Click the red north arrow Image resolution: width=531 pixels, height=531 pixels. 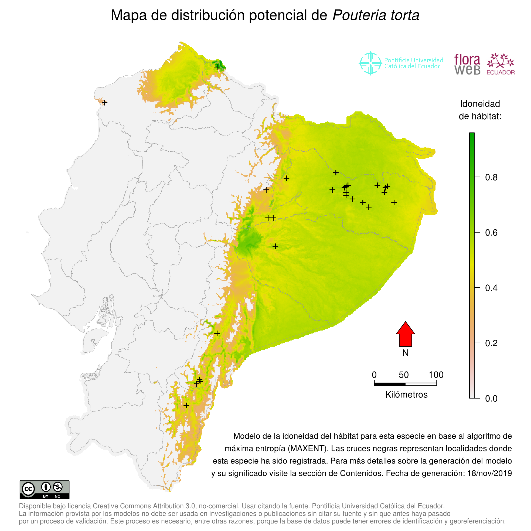[x=405, y=335]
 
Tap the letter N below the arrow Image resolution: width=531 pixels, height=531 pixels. [x=405, y=353]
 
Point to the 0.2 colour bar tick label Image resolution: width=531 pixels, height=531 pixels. [x=491, y=343]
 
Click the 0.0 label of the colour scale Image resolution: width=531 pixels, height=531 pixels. [x=491, y=399]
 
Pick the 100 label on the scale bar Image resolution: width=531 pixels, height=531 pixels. [x=436, y=375]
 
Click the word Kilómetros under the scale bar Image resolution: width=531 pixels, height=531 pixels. [x=406, y=395]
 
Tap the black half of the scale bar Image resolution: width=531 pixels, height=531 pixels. [x=390, y=384]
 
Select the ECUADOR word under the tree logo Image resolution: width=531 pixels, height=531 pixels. [x=500, y=73]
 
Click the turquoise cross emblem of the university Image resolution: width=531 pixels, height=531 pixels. [x=370, y=63]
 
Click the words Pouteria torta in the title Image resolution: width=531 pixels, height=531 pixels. [x=376, y=15]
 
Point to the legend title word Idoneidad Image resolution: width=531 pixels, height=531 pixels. [x=480, y=104]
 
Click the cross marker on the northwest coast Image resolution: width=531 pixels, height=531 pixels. [x=104, y=103]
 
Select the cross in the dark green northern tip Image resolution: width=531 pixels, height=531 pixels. [x=217, y=67]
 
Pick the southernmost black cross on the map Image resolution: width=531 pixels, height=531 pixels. [x=186, y=405]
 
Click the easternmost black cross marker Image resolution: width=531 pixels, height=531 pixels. [x=394, y=203]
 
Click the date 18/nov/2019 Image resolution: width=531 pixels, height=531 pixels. [x=489, y=473]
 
